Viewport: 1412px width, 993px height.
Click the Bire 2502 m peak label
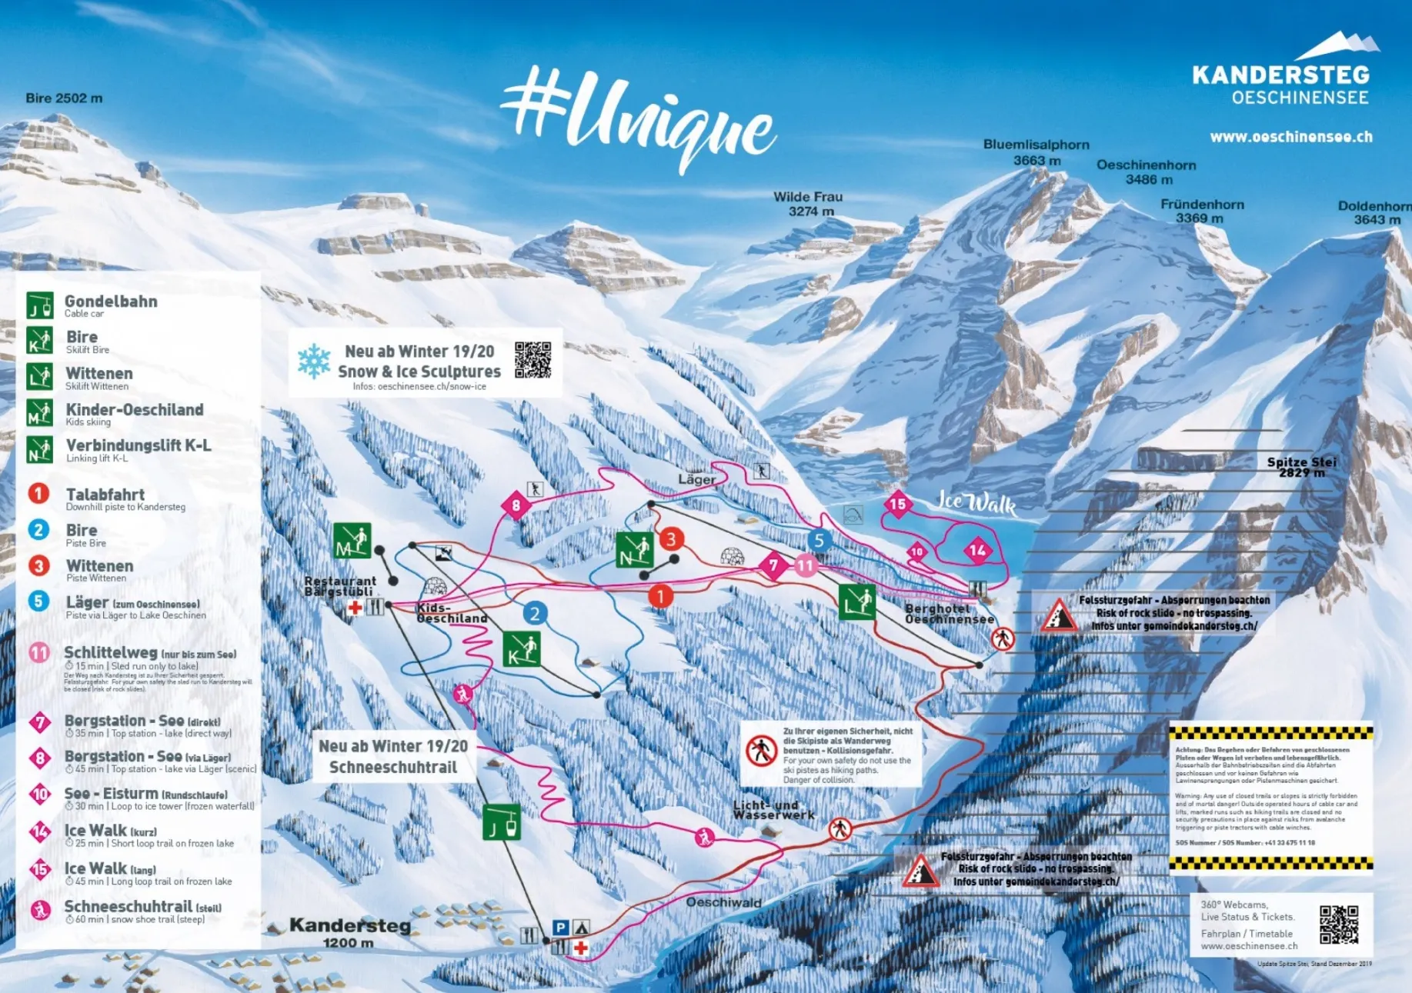(x=64, y=98)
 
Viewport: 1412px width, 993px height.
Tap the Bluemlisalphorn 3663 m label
(x=1036, y=152)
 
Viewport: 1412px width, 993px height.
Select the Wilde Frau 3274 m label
(x=807, y=204)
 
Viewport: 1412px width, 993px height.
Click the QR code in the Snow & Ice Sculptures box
(x=532, y=360)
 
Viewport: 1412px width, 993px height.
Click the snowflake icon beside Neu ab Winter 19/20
(x=314, y=361)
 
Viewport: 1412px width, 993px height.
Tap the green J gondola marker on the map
(x=502, y=822)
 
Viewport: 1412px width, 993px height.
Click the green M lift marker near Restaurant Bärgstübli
(x=352, y=541)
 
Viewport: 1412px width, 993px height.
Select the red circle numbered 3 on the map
(x=671, y=539)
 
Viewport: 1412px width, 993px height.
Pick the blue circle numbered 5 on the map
(x=819, y=541)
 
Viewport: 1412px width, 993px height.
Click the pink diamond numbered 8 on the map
(x=516, y=505)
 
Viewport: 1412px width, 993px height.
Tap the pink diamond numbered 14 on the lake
(x=977, y=550)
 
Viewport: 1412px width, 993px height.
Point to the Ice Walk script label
(x=975, y=503)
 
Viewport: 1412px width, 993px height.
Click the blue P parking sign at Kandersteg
(x=560, y=928)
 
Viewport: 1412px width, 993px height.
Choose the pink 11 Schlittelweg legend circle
(x=39, y=653)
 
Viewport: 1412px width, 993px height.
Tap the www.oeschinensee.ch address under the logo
(x=1290, y=137)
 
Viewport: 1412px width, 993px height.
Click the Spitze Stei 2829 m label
(x=1301, y=467)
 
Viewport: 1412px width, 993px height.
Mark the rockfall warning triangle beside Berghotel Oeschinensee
(x=1059, y=615)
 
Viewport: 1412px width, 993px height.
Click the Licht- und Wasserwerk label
(x=773, y=810)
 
